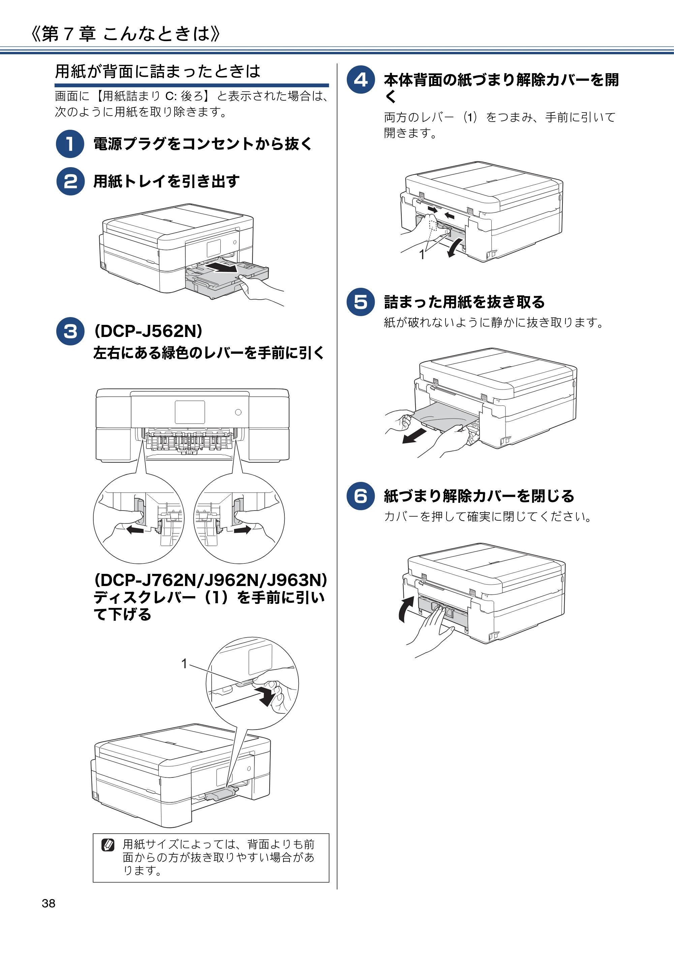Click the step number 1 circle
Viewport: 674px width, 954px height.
70,144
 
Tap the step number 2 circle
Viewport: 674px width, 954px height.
70,181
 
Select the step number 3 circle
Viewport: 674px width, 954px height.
70,331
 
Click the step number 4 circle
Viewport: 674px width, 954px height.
361,80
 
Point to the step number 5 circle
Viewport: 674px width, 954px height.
361,302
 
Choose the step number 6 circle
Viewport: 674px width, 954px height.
361,496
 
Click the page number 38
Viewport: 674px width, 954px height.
49,903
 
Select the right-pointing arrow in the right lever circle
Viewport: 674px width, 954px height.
243,529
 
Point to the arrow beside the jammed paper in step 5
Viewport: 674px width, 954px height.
415,436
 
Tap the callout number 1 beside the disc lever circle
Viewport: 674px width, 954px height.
184,664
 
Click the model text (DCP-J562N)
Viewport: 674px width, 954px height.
148,331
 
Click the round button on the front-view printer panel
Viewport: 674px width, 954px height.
238,412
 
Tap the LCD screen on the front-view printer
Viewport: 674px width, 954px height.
190,412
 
